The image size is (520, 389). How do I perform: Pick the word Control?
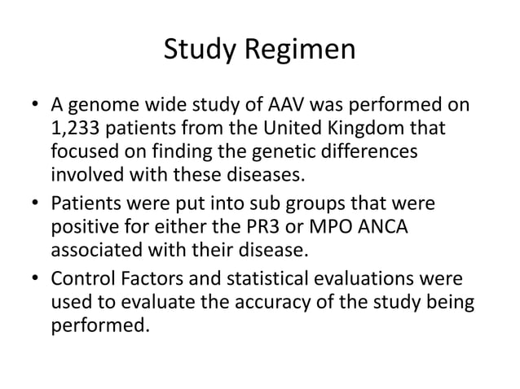pos(85,281)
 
